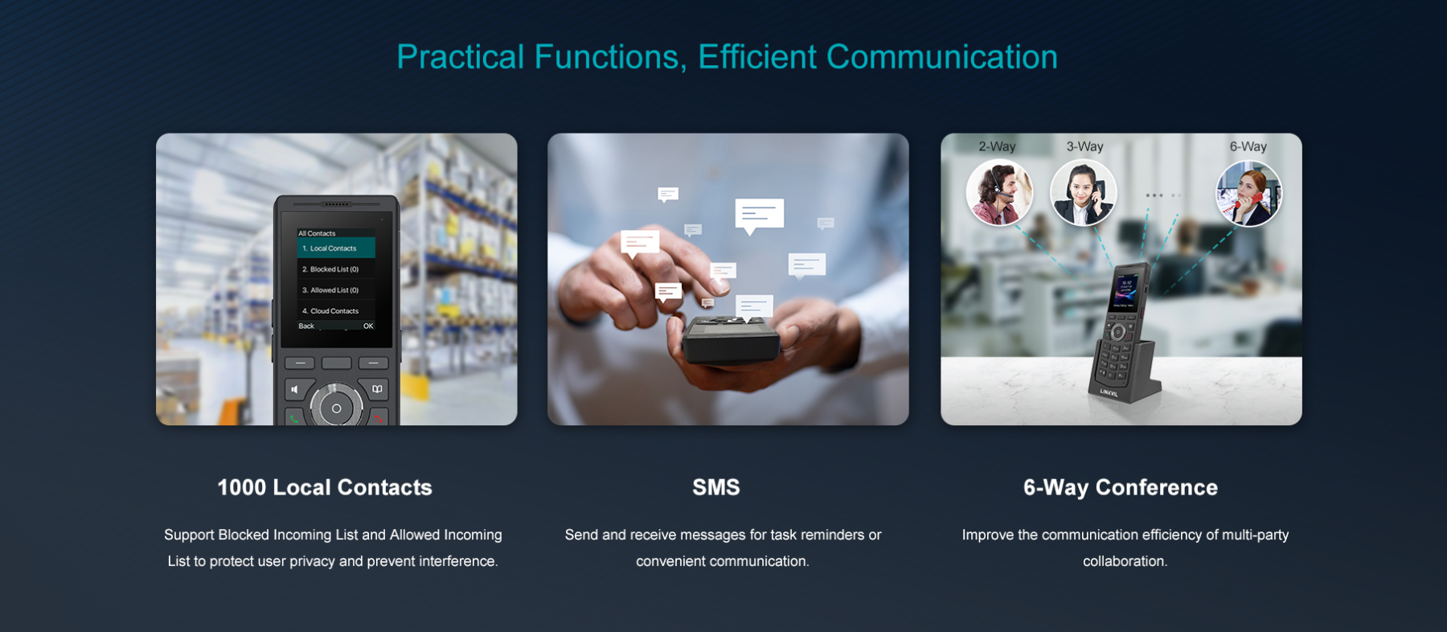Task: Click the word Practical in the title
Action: pyautogui.click(x=461, y=57)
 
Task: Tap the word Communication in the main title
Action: pyautogui.click(x=942, y=57)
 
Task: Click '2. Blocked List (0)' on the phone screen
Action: pyautogui.click(x=330, y=269)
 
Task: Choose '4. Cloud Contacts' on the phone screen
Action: pyautogui.click(x=330, y=311)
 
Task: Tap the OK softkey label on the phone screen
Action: pyautogui.click(x=368, y=326)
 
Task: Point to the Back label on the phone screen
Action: pyautogui.click(x=306, y=326)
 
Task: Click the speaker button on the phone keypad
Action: pyautogui.click(x=295, y=389)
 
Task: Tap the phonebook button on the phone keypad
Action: pyautogui.click(x=377, y=389)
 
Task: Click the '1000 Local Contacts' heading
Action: pyautogui.click(x=325, y=487)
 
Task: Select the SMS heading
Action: pyautogui.click(x=716, y=487)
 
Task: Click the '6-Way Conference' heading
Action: pyautogui.click(x=1121, y=487)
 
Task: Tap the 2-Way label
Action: pyautogui.click(x=997, y=146)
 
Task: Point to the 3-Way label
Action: pyautogui.click(x=1084, y=146)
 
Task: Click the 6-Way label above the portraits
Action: pyautogui.click(x=1248, y=146)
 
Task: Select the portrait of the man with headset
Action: pyautogui.click(x=999, y=193)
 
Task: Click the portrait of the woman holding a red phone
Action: pyautogui.click(x=1248, y=194)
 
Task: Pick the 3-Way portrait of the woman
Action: pyautogui.click(x=1084, y=193)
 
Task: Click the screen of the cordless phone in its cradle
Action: pyautogui.click(x=1124, y=293)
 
